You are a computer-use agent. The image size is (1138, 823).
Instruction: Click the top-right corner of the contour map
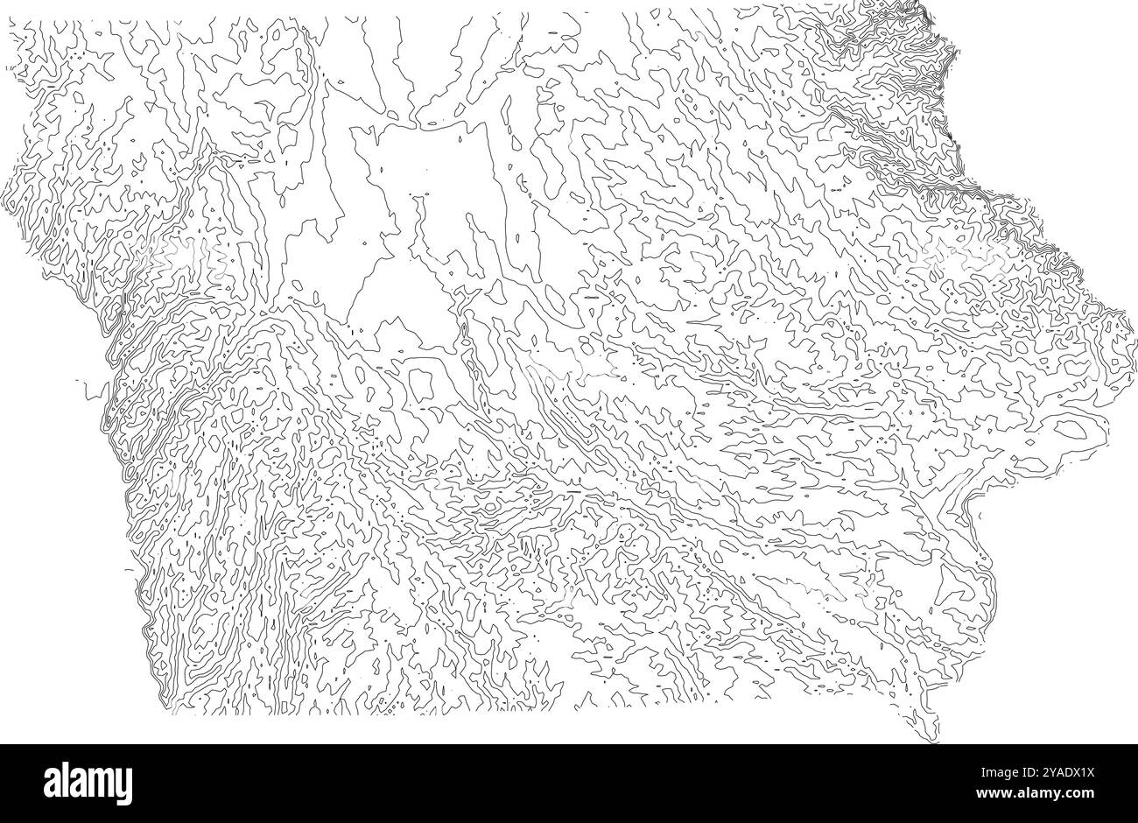click(x=926, y=12)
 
